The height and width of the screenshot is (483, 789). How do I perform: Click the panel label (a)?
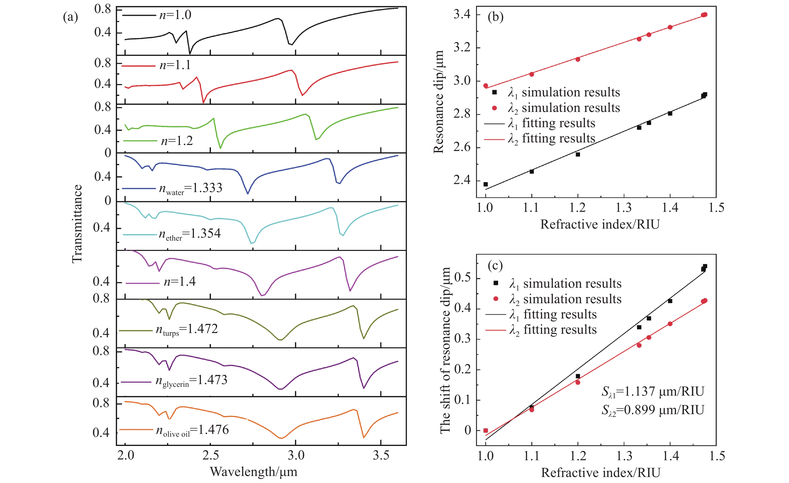(70, 17)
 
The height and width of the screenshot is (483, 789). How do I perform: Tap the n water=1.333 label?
(191, 188)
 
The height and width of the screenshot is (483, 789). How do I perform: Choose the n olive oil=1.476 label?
(192, 430)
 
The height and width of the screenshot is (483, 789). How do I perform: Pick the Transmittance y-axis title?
(77, 224)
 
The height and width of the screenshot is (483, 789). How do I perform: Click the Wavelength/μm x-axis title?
(253, 472)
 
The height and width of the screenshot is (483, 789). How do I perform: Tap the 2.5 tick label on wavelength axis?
(210, 455)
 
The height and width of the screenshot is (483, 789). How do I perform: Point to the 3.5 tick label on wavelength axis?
(381, 455)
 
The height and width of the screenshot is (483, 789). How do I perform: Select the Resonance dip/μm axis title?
(438, 102)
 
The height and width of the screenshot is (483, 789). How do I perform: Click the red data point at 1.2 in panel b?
(578, 59)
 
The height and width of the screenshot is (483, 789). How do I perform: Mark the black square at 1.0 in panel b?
(485, 184)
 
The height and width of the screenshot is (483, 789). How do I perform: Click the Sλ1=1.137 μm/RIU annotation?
(652, 391)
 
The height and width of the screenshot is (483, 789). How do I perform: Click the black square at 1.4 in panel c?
(670, 301)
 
